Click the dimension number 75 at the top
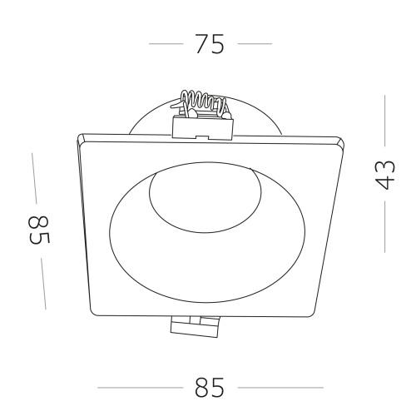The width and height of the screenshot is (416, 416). click(210, 44)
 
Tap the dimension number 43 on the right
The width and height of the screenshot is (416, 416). click(384, 175)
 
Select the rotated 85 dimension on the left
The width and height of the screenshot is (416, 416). click(39, 230)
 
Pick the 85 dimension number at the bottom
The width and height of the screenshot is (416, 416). click(210, 388)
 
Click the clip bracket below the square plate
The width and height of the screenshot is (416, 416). click(194, 327)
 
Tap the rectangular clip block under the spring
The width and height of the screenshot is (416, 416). click(203, 127)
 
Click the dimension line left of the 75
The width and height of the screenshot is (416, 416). click(166, 43)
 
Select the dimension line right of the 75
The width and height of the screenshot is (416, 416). click(255, 43)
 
